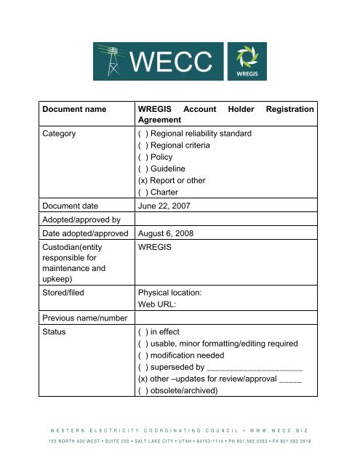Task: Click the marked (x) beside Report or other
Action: (x=143, y=180)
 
